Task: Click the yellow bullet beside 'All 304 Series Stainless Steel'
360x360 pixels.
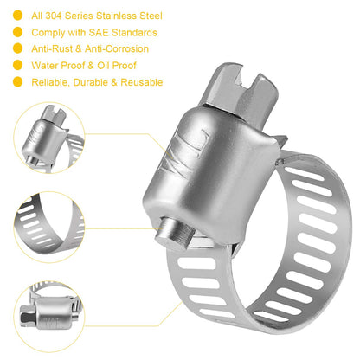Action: [x=18, y=16]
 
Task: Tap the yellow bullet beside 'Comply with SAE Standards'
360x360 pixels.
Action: [x=18, y=33]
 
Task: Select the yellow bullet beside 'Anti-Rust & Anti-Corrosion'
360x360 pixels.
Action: [x=18, y=49]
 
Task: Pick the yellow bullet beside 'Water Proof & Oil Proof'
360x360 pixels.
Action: [x=18, y=66]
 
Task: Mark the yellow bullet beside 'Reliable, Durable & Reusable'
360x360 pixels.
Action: [x=18, y=82]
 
